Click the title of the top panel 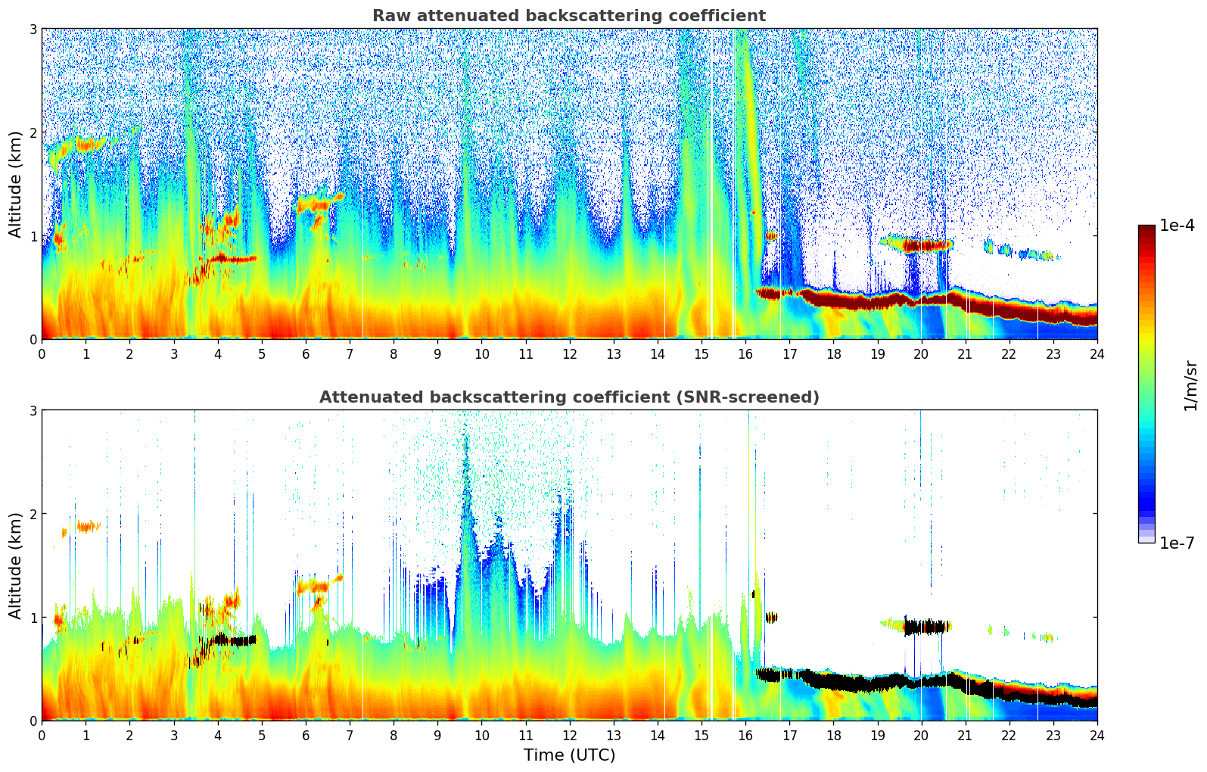click(x=568, y=16)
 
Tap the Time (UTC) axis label click(x=569, y=755)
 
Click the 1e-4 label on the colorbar click(x=1177, y=226)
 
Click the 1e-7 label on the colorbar click(x=1177, y=543)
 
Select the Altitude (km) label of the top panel click(x=16, y=184)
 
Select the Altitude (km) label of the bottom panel click(x=16, y=565)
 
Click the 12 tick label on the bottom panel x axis click(x=569, y=736)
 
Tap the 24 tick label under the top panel click(x=1097, y=354)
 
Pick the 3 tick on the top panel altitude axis click(x=33, y=29)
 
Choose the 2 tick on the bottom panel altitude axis click(x=33, y=514)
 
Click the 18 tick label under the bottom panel click(x=833, y=736)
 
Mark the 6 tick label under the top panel click(x=306, y=354)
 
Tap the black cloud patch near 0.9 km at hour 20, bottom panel click(x=927, y=627)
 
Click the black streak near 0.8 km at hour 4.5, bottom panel click(x=235, y=640)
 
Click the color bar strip click(x=1146, y=384)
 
